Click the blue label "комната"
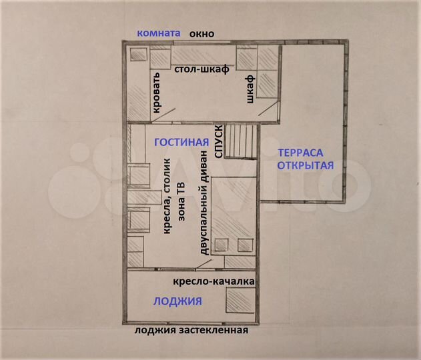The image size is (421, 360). click(158, 33)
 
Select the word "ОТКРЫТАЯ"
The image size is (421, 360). click(304, 165)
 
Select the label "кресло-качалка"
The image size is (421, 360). click(214, 281)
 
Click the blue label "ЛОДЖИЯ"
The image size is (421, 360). click(177, 301)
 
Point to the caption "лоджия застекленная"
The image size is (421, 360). click(191, 331)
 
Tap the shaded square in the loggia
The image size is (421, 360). click(239, 301)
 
